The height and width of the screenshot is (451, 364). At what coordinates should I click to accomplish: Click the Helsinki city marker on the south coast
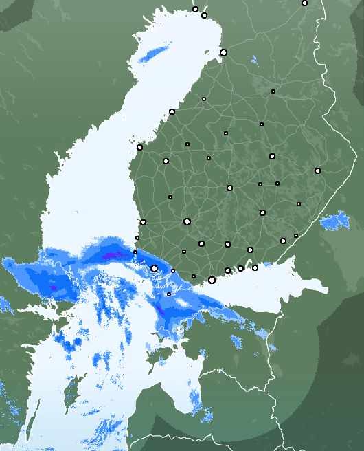(212, 280)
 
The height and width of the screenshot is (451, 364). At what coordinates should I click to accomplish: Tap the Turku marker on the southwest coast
(155, 268)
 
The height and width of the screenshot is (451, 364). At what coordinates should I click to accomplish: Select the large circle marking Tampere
(187, 221)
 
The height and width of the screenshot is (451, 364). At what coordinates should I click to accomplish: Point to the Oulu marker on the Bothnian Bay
(223, 52)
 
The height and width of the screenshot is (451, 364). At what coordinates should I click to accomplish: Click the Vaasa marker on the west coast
(139, 147)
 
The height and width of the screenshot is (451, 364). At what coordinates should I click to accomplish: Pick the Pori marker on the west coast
(143, 222)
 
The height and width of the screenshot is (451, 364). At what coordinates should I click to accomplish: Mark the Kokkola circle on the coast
(172, 111)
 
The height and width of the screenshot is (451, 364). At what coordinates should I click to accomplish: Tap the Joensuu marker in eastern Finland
(317, 170)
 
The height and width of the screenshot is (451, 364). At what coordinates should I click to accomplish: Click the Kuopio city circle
(272, 156)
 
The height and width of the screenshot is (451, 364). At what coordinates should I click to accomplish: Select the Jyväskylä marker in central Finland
(229, 188)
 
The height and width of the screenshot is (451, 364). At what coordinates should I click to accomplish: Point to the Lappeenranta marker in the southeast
(283, 241)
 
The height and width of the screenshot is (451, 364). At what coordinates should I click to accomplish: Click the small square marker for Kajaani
(273, 91)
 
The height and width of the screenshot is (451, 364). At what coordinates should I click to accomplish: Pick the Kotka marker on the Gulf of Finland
(255, 267)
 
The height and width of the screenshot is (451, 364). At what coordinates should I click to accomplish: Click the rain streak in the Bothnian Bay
(155, 53)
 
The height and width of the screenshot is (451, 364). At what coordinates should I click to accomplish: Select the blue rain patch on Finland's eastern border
(335, 221)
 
